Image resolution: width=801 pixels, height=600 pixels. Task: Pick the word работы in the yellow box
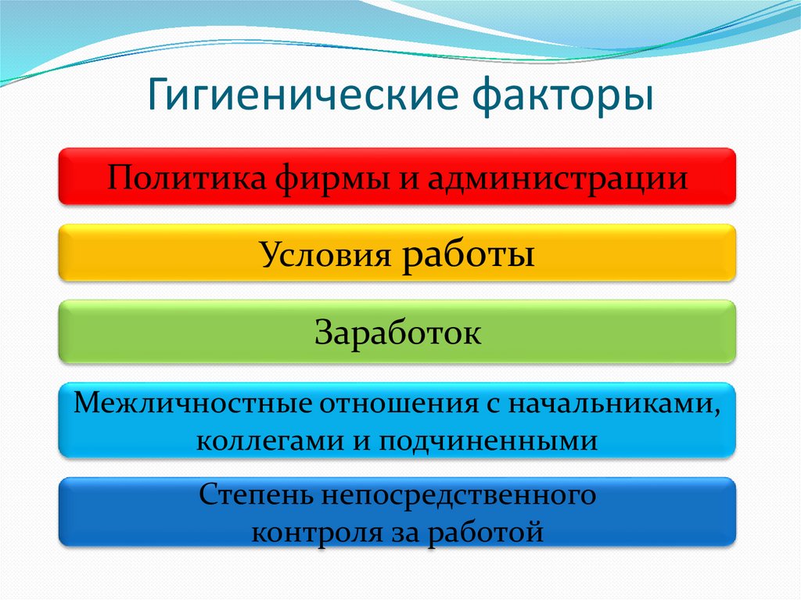tap(469, 255)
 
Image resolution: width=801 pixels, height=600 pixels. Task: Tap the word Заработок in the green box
tap(398, 333)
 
